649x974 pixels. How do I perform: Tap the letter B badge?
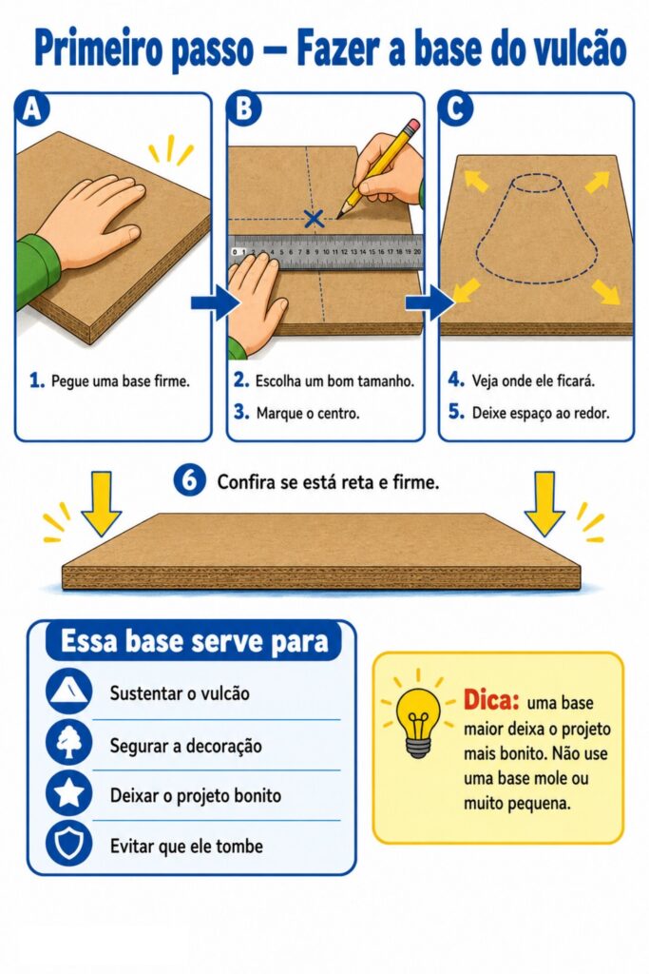[244, 108]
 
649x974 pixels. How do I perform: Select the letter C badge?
[455, 108]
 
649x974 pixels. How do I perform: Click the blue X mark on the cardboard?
[314, 218]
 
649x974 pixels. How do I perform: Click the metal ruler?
[325, 252]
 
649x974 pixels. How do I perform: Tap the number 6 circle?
[190, 480]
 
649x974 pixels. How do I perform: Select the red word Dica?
[490, 700]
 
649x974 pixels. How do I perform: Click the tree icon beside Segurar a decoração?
[68, 743]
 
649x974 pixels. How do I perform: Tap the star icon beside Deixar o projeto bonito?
[68, 793]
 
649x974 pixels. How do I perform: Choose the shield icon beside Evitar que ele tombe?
[68, 844]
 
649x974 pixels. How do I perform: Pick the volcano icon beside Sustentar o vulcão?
[68, 692]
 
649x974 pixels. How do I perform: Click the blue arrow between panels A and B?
[215, 302]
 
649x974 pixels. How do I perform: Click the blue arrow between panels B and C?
[429, 302]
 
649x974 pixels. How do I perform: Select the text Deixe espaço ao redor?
[541, 413]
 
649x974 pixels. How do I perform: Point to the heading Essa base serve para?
[194, 641]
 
